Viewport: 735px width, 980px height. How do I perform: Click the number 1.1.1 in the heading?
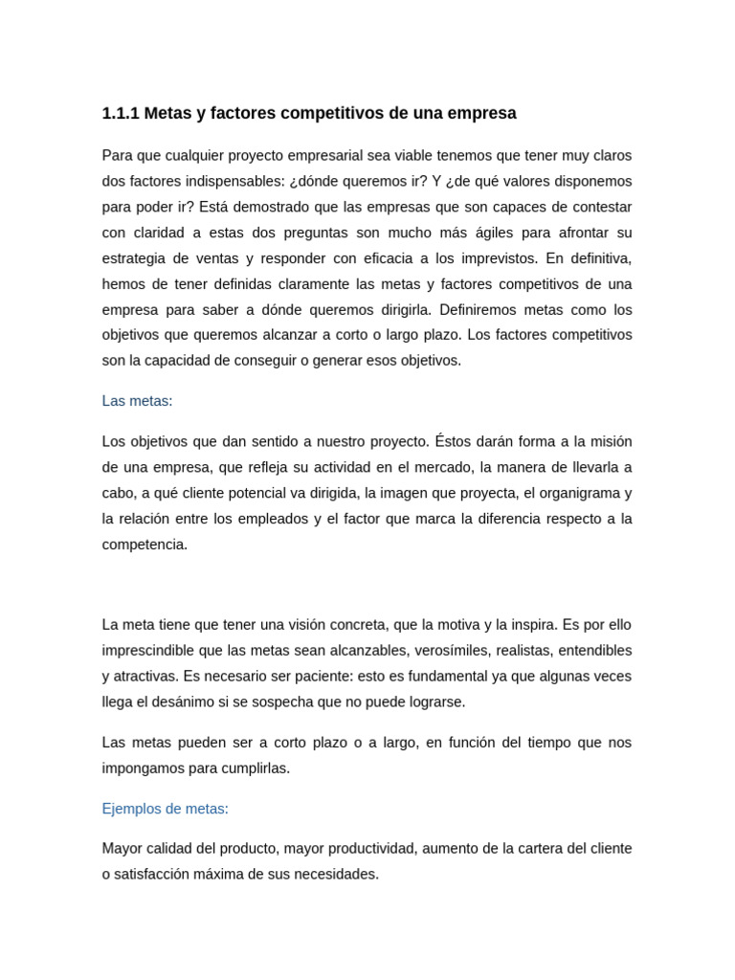(121, 113)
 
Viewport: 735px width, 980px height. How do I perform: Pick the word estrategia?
(133, 258)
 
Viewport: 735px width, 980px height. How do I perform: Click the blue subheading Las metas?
(137, 401)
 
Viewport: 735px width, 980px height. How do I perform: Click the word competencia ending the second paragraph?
(144, 545)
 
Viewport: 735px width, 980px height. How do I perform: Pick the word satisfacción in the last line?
(155, 875)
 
